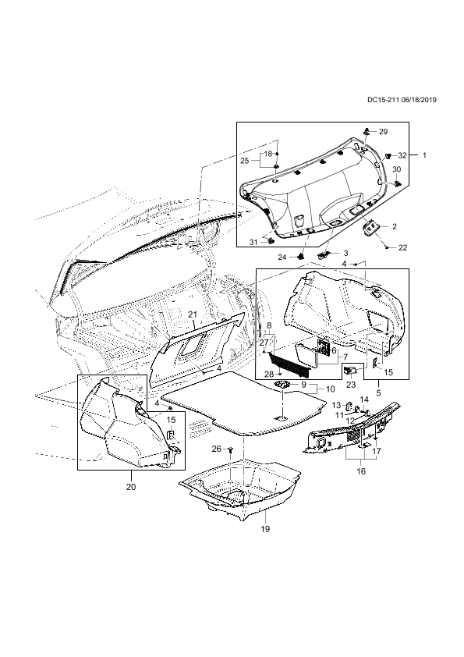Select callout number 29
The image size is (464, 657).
(383, 132)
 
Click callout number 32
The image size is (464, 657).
(402, 155)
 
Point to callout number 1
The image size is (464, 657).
(424, 155)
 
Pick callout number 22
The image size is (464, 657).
(402, 247)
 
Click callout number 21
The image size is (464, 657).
(192, 314)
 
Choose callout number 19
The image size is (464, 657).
(265, 529)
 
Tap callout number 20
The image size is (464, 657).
(131, 488)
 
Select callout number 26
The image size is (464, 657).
(216, 449)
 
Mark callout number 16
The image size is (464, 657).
(360, 471)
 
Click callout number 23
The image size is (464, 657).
(351, 385)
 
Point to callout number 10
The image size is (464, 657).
(331, 389)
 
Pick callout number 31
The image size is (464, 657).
(253, 242)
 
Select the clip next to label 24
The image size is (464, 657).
(300, 255)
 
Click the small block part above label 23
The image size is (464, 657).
(349, 370)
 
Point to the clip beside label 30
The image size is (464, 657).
(397, 183)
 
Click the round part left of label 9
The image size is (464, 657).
(282, 384)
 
